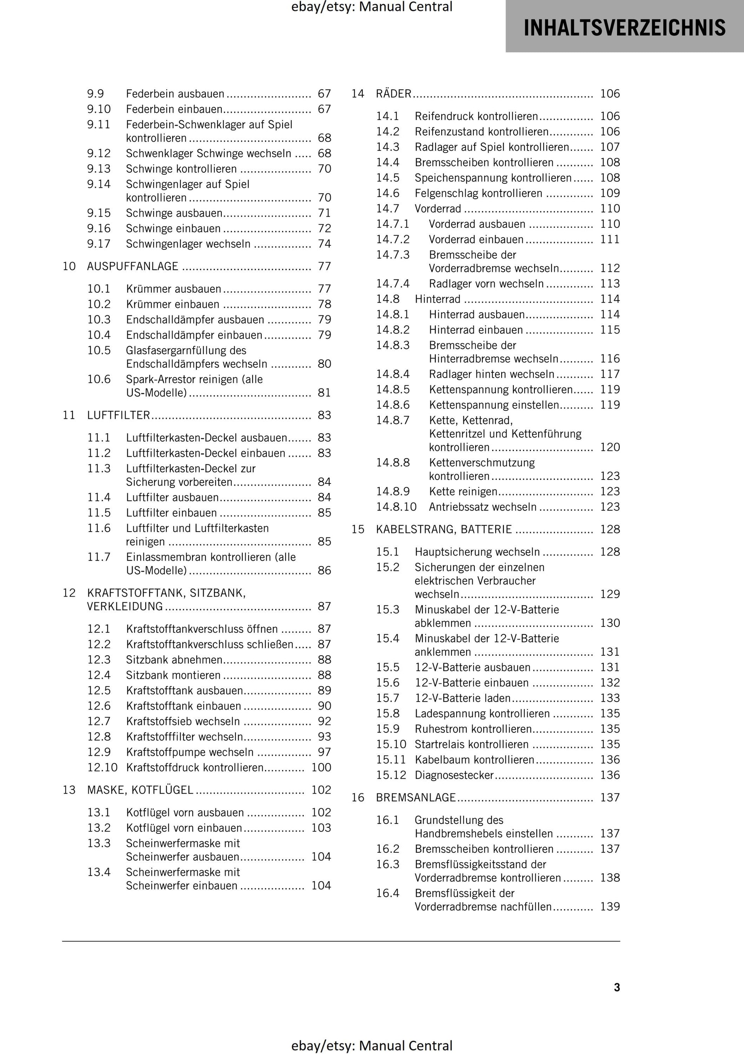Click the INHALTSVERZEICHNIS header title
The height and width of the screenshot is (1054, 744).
point(624,28)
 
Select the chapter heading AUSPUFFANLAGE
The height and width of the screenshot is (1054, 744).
point(133,266)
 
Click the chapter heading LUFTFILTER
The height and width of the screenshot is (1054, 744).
point(119,415)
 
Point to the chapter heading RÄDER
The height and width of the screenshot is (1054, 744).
point(393,94)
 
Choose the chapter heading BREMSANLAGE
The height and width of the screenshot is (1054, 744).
point(416,797)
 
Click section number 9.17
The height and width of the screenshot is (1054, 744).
point(99,244)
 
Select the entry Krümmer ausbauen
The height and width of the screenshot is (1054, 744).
point(174,289)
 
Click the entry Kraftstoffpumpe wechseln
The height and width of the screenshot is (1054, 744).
point(189,752)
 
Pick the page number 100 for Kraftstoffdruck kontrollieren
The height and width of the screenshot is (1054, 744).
point(321,768)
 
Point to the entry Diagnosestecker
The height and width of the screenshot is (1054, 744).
point(454,775)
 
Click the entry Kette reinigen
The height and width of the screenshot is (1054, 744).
point(463,492)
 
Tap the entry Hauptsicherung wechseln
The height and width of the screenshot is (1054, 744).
point(477,552)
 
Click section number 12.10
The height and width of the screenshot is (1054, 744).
point(102,768)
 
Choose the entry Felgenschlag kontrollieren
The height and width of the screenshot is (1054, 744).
point(478,193)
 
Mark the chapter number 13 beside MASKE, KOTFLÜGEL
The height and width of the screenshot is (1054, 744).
point(69,790)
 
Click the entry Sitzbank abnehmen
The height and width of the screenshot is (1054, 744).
point(174,660)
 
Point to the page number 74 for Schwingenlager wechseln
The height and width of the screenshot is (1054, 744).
point(324,244)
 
